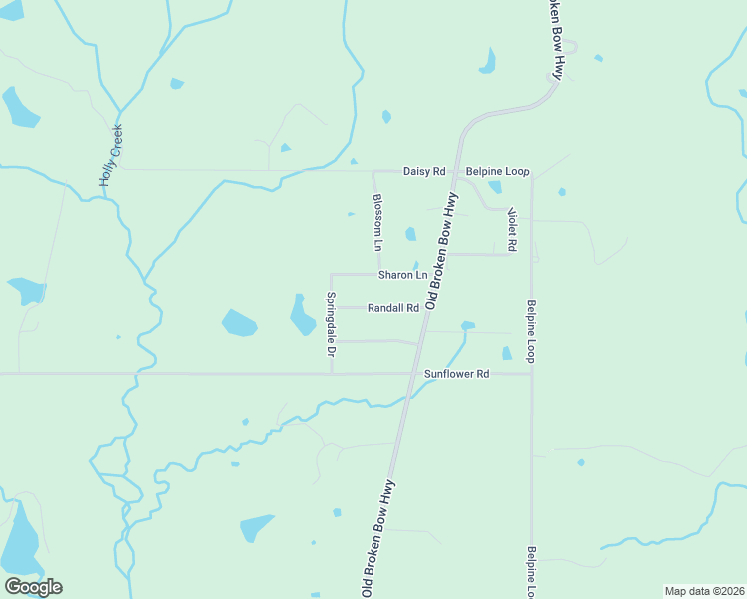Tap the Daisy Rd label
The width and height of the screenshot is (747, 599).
(423, 171)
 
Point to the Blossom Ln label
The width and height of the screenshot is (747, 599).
(377, 221)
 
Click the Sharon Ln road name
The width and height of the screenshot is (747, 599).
(402, 275)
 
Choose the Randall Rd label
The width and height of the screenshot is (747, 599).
(392, 308)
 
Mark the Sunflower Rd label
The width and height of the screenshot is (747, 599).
(456, 374)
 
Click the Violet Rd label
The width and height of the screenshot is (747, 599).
(511, 229)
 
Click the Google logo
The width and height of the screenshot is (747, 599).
(33, 587)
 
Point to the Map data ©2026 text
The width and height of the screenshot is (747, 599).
(703, 591)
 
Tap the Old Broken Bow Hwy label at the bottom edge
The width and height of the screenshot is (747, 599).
(380, 539)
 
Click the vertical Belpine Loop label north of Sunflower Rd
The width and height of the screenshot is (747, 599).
(532, 331)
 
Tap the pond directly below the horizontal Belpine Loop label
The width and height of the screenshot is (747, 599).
(494, 186)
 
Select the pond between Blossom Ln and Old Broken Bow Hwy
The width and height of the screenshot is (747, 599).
(410, 234)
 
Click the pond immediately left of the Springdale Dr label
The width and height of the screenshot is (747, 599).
(301, 315)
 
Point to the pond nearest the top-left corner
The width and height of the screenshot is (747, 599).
(19, 108)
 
